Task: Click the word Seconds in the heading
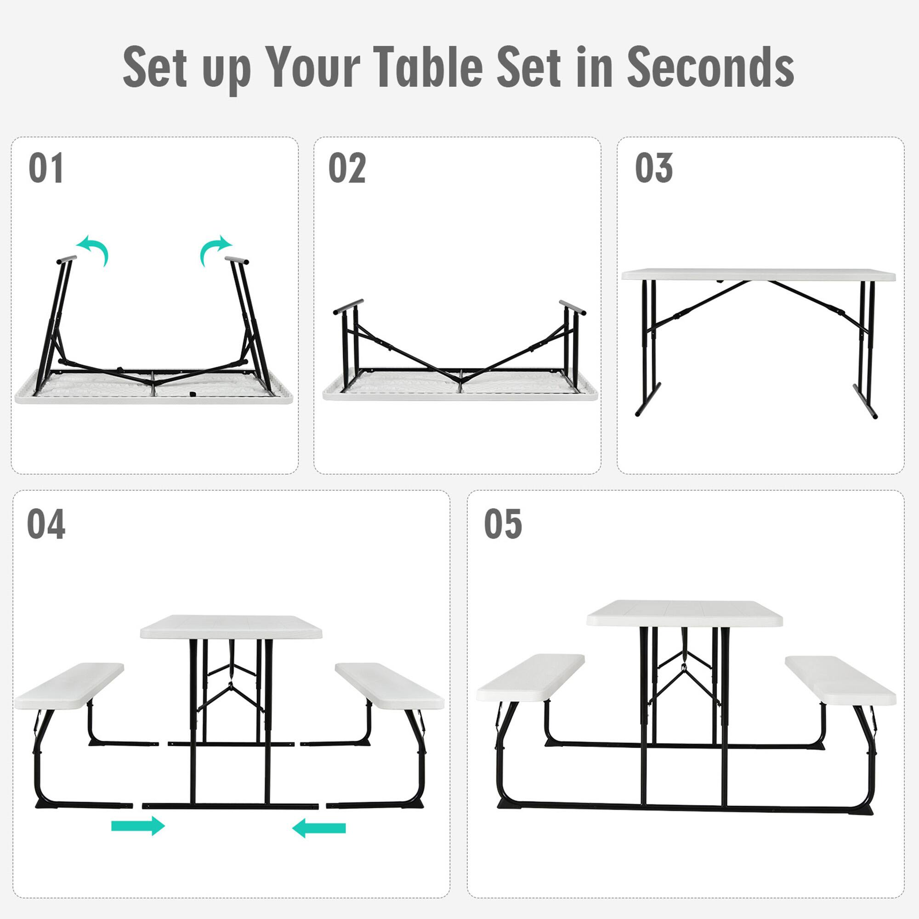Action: [x=710, y=68]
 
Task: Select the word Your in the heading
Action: [x=312, y=68]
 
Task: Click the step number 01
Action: [x=45, y=168]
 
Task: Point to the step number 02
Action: [x=347, y=168]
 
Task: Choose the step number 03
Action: [x=653, y=168]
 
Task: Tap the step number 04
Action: [x=46, y=524]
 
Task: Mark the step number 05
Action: [x=503, y=524]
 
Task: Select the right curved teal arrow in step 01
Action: [x=215, y=250]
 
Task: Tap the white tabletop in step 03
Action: [x=758, y=275]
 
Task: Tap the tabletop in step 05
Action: [x=685, y=613]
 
